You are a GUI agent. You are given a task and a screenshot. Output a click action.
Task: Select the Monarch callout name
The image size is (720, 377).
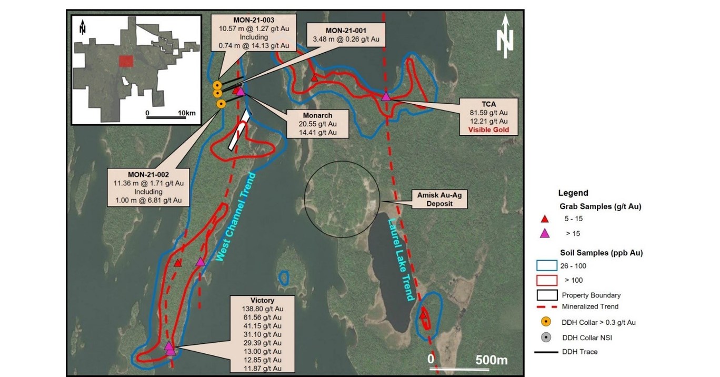pos(317,115)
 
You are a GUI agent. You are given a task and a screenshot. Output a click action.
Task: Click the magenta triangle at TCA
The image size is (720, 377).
pos(386,96)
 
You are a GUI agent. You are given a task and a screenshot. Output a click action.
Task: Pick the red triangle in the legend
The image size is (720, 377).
pos(545,219)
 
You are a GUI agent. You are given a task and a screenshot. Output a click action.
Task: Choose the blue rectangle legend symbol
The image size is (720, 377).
pos(545,266)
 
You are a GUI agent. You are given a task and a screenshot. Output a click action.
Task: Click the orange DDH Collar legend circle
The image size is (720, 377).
pos(546,322)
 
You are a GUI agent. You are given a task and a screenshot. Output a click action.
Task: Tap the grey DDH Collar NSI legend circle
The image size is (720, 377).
pos(546,337)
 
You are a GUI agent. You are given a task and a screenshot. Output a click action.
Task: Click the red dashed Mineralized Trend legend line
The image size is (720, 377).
pos(546,306)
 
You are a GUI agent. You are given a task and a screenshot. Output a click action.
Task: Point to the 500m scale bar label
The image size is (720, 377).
pos(491,360)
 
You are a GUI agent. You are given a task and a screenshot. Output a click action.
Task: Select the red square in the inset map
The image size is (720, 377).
pos(126,61)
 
